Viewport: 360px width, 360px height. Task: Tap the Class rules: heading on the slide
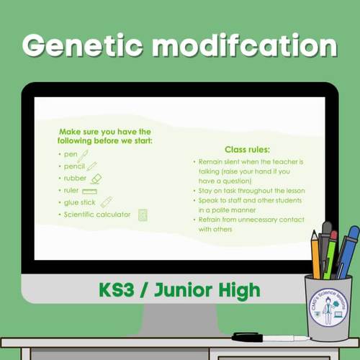tap(247, 149)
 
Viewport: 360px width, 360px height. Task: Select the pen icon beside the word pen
tap(83, 154)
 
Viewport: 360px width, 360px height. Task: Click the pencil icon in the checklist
tap(91, 166)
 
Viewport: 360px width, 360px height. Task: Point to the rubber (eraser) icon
tap(95, 179)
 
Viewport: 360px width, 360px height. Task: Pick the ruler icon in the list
tap(89, 191)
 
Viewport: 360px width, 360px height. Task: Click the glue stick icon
tap(106, 202)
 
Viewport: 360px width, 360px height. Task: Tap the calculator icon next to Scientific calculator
tap(143, 215)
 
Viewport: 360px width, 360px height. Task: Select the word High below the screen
tap(240, 291)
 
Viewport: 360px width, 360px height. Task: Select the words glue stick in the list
tap(80, 202)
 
